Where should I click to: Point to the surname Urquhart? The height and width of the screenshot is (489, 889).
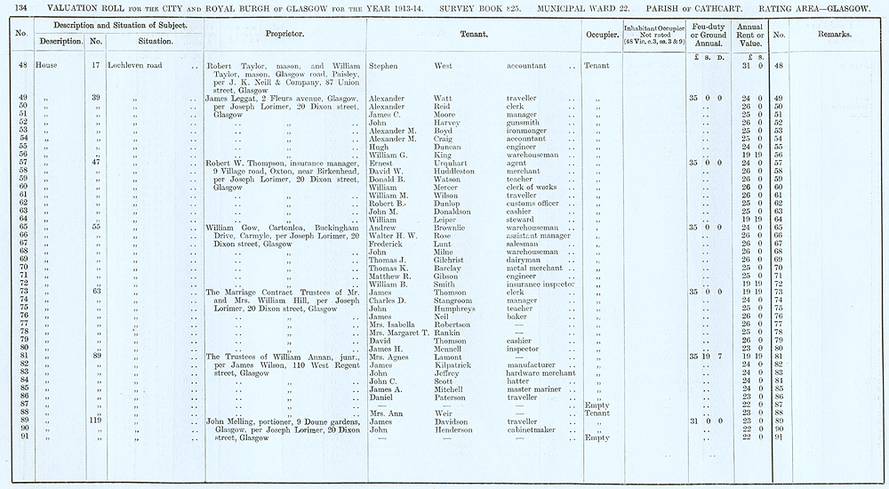[x=453, y=163]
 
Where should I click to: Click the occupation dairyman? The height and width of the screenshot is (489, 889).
[x=525, y=259]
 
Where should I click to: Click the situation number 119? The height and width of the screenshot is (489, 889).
[x=95, y=421]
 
